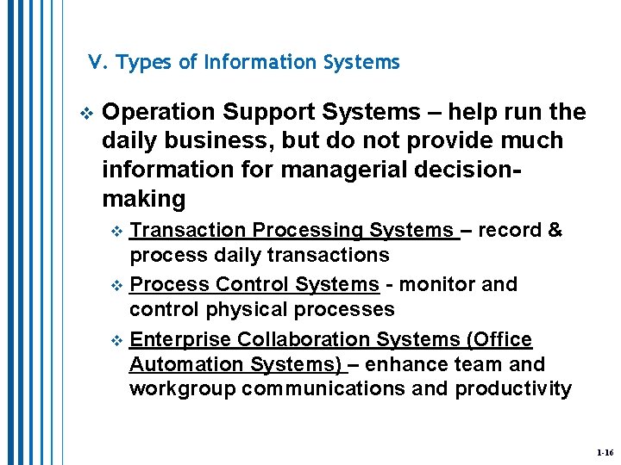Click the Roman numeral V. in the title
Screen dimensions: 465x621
click(x=97, y=62)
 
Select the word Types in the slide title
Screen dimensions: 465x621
click(x=141, y=63)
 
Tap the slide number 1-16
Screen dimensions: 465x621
click(x=604, y=452)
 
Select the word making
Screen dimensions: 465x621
click(x=143, y=199)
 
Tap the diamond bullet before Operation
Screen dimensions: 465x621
click(x=84, y=113)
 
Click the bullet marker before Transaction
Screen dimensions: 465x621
click(x=119, y=231)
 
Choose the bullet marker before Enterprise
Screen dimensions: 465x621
click(x=119, y=340)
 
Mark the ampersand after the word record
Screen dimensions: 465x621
click(x=555, y=230)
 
